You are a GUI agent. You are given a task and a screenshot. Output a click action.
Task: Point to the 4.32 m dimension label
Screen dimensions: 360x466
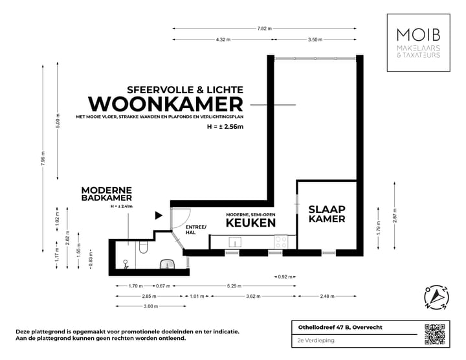coord(223,40)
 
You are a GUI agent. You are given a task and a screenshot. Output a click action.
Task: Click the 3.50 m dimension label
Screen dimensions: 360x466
coord(315,40)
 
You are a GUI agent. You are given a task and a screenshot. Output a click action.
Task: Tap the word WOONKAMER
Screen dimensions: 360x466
coord(165,104)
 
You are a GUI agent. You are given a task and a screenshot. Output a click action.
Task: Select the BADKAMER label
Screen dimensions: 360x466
coord(107,197)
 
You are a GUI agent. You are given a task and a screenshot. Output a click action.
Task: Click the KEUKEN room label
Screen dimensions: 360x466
coord(251,222)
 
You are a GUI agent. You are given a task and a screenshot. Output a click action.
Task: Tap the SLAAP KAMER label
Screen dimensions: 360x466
coord(326,214)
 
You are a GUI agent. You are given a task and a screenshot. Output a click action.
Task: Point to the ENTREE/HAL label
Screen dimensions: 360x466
coord(195,229)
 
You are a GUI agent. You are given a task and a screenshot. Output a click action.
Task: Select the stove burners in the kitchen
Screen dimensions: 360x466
coord(282,242)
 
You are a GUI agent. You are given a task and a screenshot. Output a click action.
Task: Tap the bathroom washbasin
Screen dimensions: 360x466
coord(168,264)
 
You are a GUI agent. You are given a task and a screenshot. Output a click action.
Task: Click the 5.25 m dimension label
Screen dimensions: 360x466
coord(235,285)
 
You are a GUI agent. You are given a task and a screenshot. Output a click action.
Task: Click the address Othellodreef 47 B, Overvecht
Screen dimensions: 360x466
coord(336,327)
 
